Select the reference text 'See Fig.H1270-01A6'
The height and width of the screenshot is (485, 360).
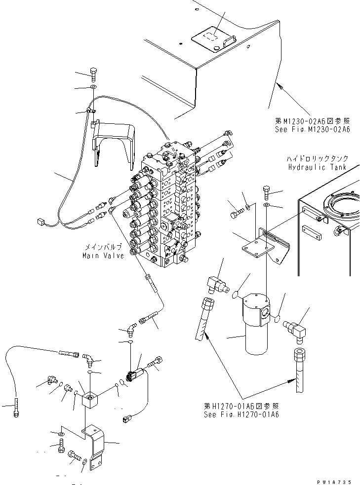tap(241, 414)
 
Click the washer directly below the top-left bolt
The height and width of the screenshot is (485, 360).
tap(93, 88)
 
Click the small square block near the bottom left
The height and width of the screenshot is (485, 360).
tap(91, 399)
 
